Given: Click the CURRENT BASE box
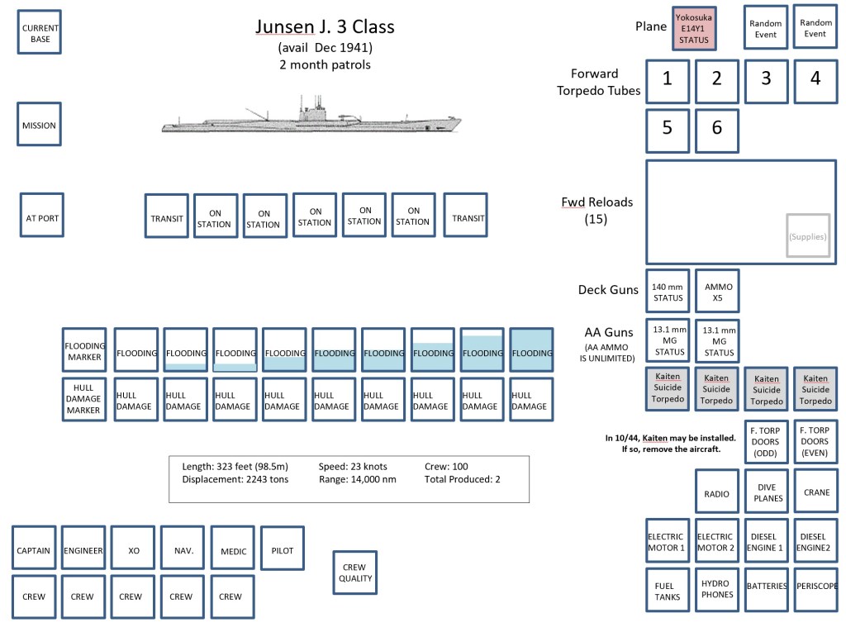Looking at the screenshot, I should [40, 33].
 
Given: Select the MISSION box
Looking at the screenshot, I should [40, 126].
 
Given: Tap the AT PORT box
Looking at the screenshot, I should [42, 218].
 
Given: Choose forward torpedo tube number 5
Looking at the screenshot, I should [668, 128].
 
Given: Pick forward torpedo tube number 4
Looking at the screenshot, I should [815, 78].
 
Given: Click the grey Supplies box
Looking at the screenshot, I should [807, 236].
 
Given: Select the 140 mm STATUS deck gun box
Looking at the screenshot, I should [668, 292].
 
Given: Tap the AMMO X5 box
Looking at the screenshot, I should [717, 292].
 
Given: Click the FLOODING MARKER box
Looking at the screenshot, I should [84, 352].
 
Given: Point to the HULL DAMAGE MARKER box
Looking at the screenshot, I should [84, 400].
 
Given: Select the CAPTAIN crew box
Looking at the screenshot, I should [34, 551].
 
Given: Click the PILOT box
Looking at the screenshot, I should [282, 549].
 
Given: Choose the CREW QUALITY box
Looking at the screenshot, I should [354, 573].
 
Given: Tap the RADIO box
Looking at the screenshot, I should [717, 493].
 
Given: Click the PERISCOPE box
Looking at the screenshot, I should [815, 587].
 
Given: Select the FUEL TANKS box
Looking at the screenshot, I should [668, 590].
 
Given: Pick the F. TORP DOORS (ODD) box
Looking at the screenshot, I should [766, 441].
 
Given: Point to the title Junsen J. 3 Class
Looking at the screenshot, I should [325, 26].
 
